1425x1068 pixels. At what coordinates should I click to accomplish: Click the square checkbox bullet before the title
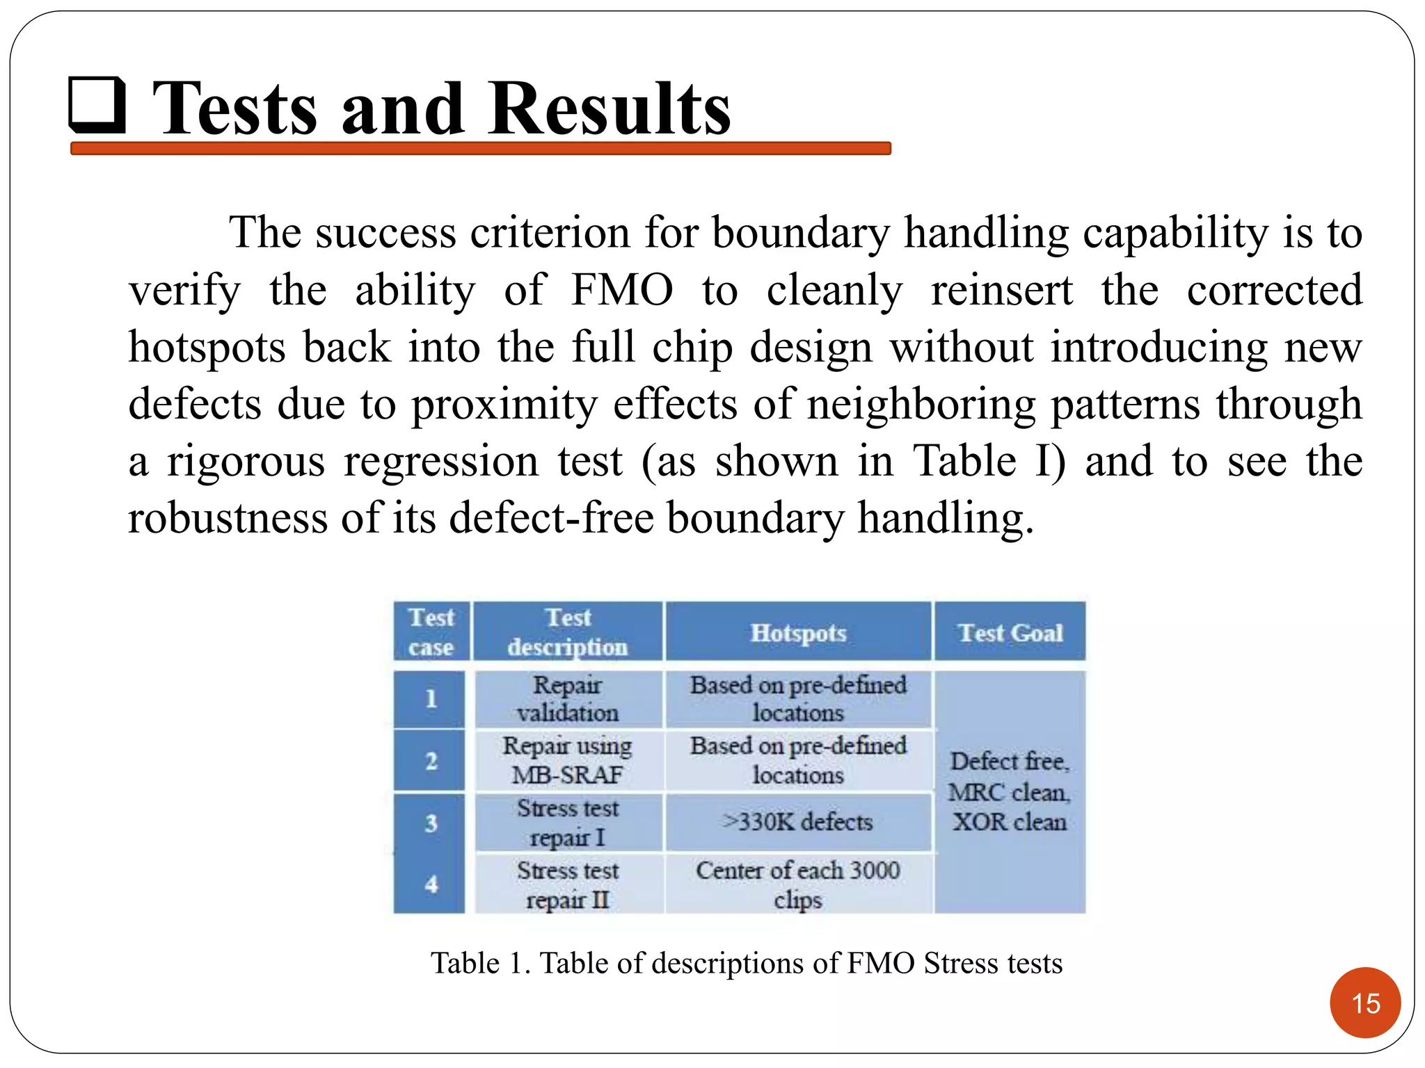97,106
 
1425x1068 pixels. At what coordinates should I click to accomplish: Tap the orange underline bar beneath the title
480,148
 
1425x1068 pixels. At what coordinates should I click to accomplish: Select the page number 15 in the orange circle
1364,1003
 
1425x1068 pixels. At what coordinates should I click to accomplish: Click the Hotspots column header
798,633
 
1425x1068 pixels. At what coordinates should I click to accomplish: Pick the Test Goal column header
1010,633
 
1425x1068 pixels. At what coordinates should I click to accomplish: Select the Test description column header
568,632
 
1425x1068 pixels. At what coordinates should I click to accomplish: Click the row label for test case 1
431,698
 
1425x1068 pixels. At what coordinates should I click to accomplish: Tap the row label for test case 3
431,823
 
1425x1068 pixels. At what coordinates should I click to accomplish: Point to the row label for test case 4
431,884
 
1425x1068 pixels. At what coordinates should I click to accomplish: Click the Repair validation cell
568,699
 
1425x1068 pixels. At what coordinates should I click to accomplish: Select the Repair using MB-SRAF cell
568,760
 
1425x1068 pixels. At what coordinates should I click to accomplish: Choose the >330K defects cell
798,822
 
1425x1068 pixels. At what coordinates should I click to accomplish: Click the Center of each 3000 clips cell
798,884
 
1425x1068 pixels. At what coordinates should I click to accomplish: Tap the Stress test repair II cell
568,884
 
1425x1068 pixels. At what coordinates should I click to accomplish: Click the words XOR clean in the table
1010,823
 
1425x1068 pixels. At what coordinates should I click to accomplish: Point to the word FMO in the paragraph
621,290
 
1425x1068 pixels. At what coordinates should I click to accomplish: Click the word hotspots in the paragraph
207,347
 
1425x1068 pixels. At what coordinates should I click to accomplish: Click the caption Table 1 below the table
746,963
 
